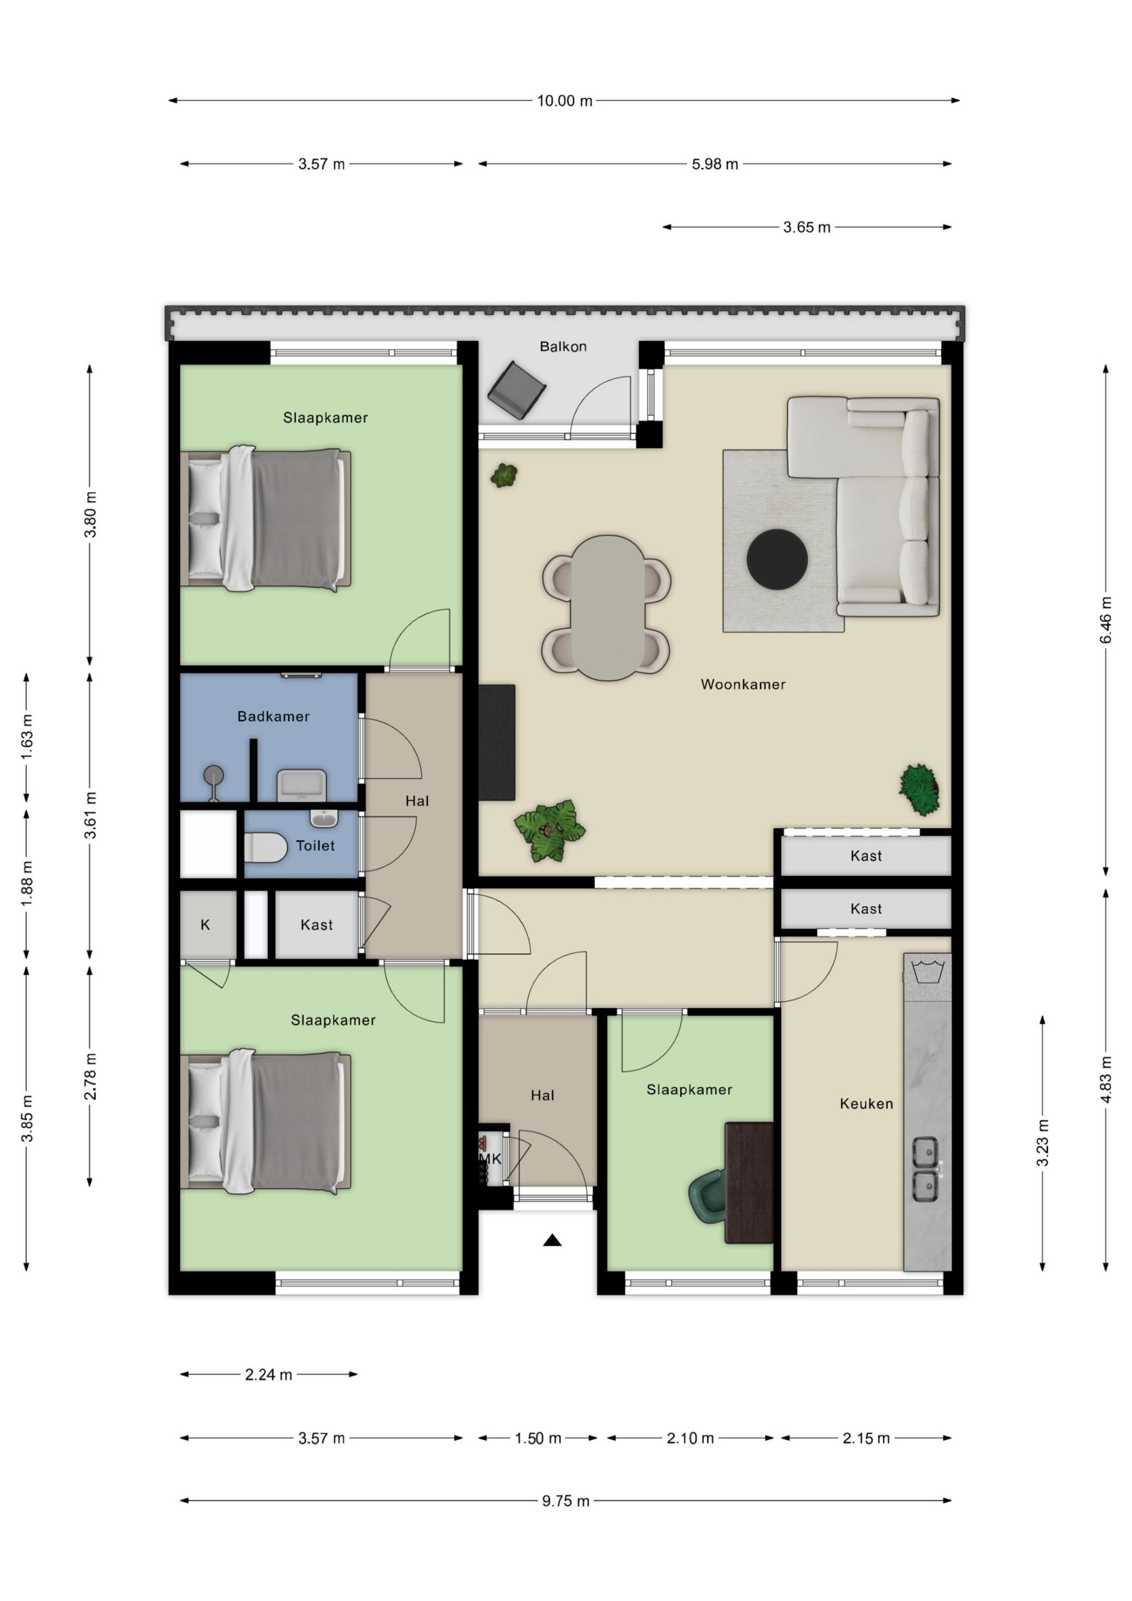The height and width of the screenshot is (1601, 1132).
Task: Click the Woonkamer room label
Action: [743, 685]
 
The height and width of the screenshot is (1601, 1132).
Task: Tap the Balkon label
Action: [563, 346]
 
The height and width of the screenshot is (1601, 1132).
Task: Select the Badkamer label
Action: [273, 716]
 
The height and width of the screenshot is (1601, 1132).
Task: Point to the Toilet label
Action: [315, 846]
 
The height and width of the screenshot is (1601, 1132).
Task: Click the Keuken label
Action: [866, 1104]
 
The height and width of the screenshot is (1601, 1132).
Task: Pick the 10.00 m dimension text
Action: [564, 101]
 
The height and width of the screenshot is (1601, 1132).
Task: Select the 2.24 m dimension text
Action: [268, 1375]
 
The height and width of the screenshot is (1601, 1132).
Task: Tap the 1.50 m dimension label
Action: [538, 1439]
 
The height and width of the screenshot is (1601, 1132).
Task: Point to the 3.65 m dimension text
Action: [807, 227]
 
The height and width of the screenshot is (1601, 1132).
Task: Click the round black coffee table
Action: [777, 559]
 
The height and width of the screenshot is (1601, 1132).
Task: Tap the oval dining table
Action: [607, 607]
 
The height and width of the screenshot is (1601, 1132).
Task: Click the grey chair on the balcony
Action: [516, 390]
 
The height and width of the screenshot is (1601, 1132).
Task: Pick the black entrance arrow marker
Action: [552, 1240]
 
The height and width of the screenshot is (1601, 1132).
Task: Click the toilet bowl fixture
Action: [266, 848]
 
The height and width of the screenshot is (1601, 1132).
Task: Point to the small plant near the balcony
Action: [504, 475]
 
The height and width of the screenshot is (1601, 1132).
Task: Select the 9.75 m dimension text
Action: [566, 1501]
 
